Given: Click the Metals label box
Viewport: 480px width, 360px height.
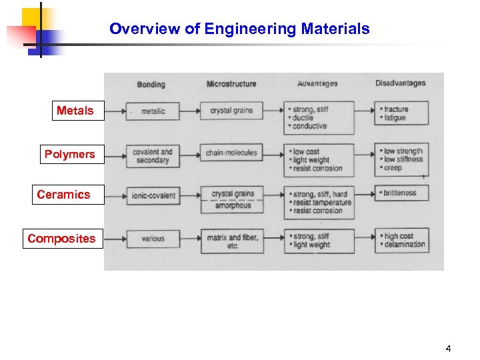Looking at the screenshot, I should click(75, 111).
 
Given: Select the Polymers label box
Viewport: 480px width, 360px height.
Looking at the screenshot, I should click(69, 155).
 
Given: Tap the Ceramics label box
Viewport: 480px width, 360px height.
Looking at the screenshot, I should click(63, 195).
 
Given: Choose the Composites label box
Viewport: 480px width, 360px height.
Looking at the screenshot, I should click(61, 239).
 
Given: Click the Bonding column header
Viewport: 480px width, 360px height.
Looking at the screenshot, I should click(151, 84).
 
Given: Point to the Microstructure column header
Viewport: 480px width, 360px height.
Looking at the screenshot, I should click(231, 84).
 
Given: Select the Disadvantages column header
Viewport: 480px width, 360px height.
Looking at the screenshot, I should click(400, 83).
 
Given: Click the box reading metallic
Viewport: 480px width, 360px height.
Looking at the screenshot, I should click(153, 111).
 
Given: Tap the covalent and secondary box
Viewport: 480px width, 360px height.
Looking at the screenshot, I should click(152, 156).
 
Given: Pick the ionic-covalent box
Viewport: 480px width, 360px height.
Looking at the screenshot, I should click(153, 196).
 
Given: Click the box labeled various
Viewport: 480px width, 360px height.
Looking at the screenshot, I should click(153, 238).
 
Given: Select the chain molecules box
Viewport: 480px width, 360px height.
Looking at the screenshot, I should click(231, 153).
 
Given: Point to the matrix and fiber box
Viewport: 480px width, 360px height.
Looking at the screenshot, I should click(233, 241).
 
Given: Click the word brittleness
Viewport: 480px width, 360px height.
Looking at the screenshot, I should click(400, 193).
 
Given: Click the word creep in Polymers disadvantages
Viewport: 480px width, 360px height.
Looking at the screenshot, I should click(394, 168).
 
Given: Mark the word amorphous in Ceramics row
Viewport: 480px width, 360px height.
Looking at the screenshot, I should click(233, 206).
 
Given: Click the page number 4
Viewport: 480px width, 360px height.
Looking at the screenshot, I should click(449, 349).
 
